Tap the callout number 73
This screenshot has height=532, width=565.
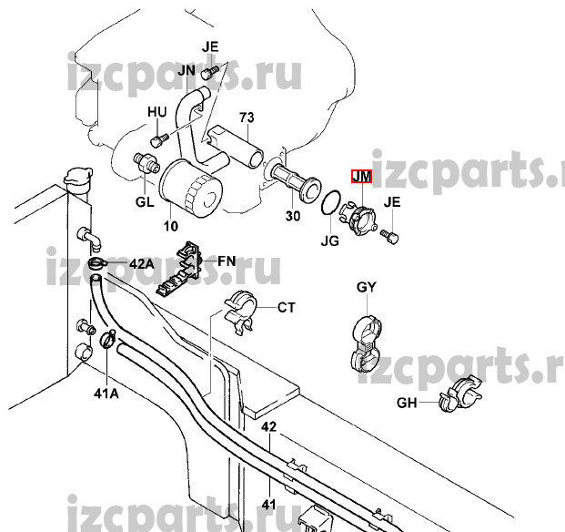[245, 118]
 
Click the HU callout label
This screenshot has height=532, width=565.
[157, 112]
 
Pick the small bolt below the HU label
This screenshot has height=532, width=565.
[156, 139]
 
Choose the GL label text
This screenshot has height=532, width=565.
[145, 202]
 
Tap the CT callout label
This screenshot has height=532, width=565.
[287, 308]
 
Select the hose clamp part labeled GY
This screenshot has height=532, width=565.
[367, 343]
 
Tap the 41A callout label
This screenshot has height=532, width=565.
[107, 394]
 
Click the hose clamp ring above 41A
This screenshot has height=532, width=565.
[107, 342]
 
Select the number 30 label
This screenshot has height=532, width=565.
[292, 216]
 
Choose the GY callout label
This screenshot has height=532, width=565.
[366, 287]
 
